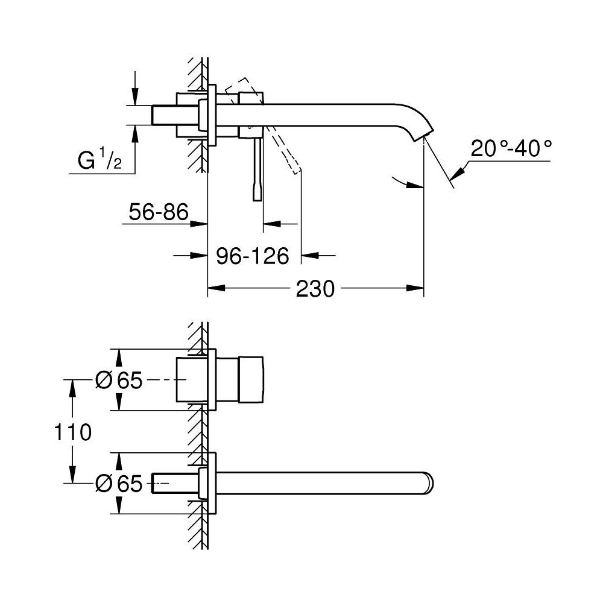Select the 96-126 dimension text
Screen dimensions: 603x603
253,256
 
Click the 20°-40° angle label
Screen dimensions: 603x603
512,149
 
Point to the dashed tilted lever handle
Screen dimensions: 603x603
283,151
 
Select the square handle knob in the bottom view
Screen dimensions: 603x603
252,379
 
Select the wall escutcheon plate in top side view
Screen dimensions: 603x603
212,115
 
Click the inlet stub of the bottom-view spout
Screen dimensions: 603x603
163,482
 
